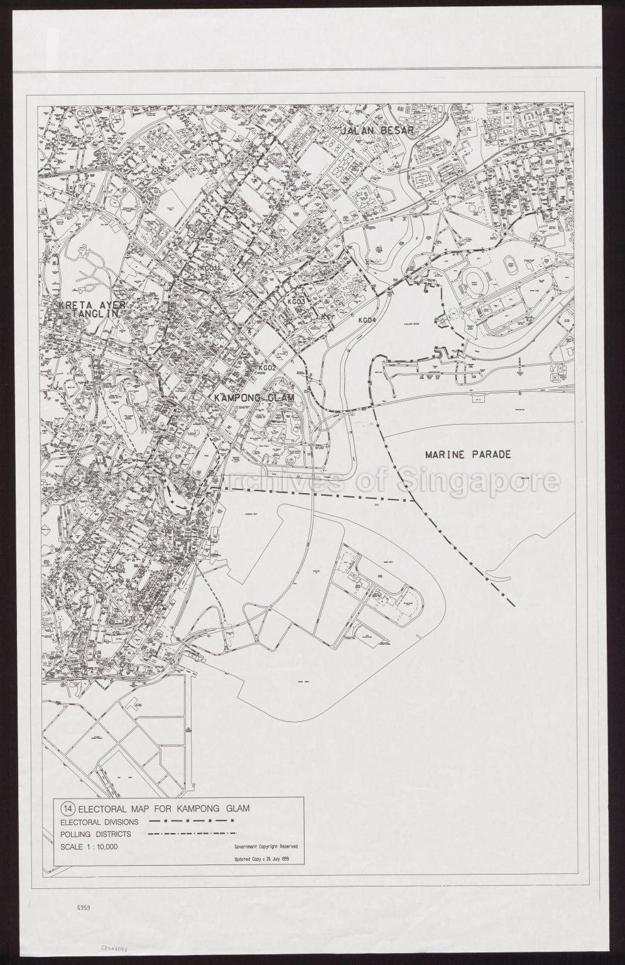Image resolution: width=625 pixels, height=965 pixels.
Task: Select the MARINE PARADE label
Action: (x=469, y=454)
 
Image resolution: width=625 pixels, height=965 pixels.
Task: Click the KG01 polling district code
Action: (x=208, y=268)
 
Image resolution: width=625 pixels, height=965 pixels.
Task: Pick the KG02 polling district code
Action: (x=268, y=368)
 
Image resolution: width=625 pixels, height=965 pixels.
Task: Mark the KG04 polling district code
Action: (x=367, y=320)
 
